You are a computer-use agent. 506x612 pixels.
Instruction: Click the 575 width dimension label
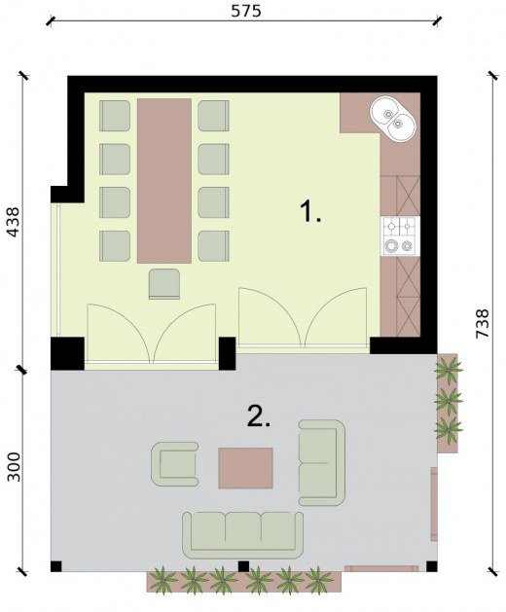[x=245, y=11]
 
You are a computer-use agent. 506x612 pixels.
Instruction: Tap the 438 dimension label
[x=13, y=222]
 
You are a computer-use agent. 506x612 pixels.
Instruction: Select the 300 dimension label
[x=14, y=466]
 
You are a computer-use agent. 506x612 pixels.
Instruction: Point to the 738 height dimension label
[x=482, y=323]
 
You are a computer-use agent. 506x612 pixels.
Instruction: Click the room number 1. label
[x=310, y=211]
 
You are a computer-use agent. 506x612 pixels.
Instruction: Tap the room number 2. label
[x=259, y=415]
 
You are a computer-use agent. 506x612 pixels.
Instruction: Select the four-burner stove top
[x=400, y=236]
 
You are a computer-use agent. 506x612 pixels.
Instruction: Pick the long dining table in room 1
[x=164, y=181]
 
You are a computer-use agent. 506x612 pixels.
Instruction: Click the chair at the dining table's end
[x=164, y=284]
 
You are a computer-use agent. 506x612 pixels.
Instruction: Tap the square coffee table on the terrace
[x=245, y=468]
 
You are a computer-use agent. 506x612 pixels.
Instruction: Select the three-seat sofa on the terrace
[x=243, y=535]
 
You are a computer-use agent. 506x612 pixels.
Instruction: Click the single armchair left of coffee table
[x=174, y=464]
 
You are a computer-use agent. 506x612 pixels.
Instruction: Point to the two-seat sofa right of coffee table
[x=322, y=462]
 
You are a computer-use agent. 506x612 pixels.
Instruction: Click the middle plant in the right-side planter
[x=449, y=400]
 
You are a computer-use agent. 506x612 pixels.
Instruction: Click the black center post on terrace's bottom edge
[x=243, y=566]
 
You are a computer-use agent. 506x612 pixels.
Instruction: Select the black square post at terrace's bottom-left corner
[x=56, y=566]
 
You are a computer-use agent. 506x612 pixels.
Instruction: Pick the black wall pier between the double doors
[x=228, y=353]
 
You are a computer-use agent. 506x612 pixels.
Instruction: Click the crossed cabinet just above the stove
[x=408, y=197]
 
